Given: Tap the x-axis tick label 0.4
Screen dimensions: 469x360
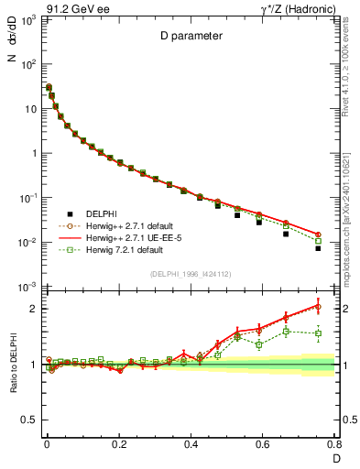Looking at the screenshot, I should (191, 446).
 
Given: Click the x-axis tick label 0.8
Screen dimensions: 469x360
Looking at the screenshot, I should (334, 446).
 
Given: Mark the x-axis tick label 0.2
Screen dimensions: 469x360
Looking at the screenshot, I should (119, 446).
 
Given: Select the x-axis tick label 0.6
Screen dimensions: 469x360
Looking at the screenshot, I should (263, 446).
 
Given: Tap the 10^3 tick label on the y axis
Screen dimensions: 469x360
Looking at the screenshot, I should (27, 19).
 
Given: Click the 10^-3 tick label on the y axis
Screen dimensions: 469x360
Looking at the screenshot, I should (27, 287).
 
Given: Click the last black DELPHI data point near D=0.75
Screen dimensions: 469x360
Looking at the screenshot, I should (318, 248).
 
